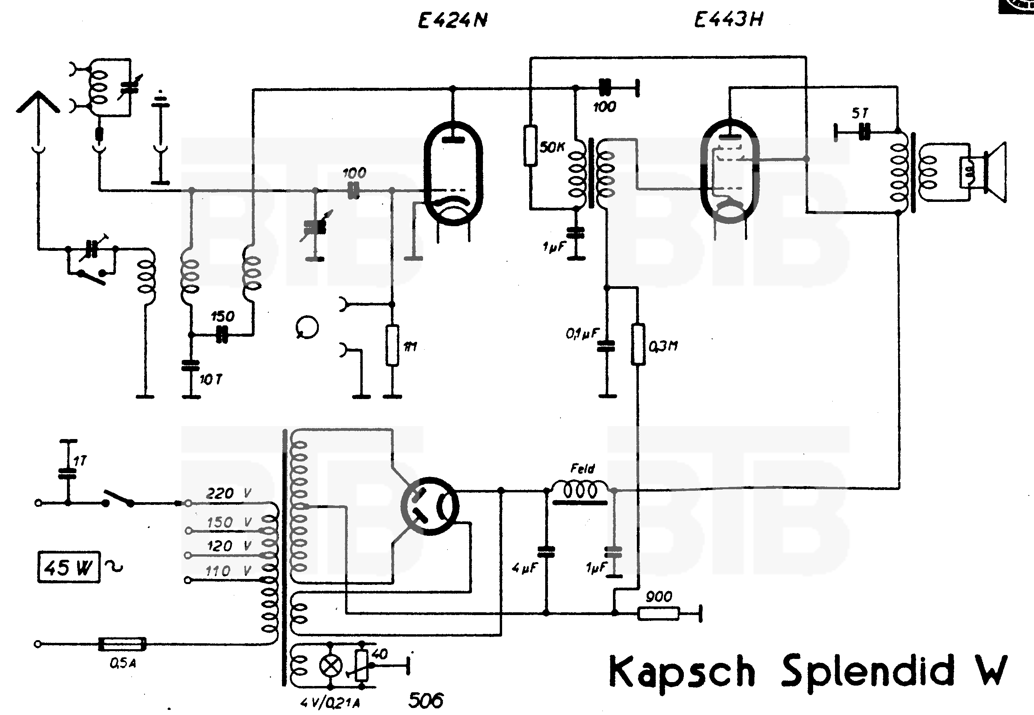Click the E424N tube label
coord(452,20)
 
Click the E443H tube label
coord(728,20)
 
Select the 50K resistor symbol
coord(530,146)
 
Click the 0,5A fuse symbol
coord(122,644)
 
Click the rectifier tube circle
coord(430,506)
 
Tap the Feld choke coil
coord(580,490)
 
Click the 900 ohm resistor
coord(658,613)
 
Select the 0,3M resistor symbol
coord(638,344)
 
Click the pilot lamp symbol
coord(330,666)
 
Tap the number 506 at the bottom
coord(426,700)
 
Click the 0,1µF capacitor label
coord(582,333)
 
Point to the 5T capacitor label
coord(859,113)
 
